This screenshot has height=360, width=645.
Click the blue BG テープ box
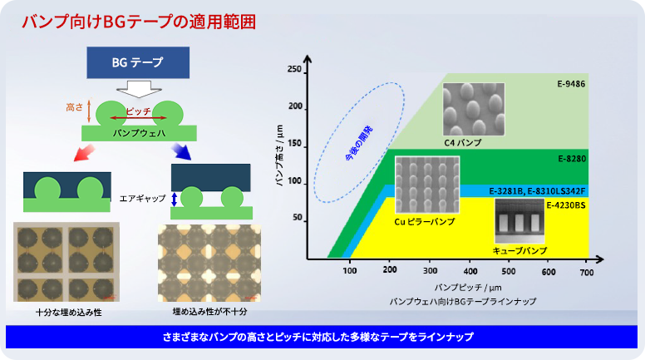point(137,62)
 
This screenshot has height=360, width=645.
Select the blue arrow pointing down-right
point(180,152)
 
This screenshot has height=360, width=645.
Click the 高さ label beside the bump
point(75,107)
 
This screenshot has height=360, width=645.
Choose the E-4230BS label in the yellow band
point(567,204)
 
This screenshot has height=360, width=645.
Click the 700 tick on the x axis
point(588,272)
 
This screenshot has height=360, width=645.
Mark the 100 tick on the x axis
point(349,272)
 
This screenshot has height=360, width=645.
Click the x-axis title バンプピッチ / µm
point(450,286)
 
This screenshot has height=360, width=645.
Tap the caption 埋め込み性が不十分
point(210,311)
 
